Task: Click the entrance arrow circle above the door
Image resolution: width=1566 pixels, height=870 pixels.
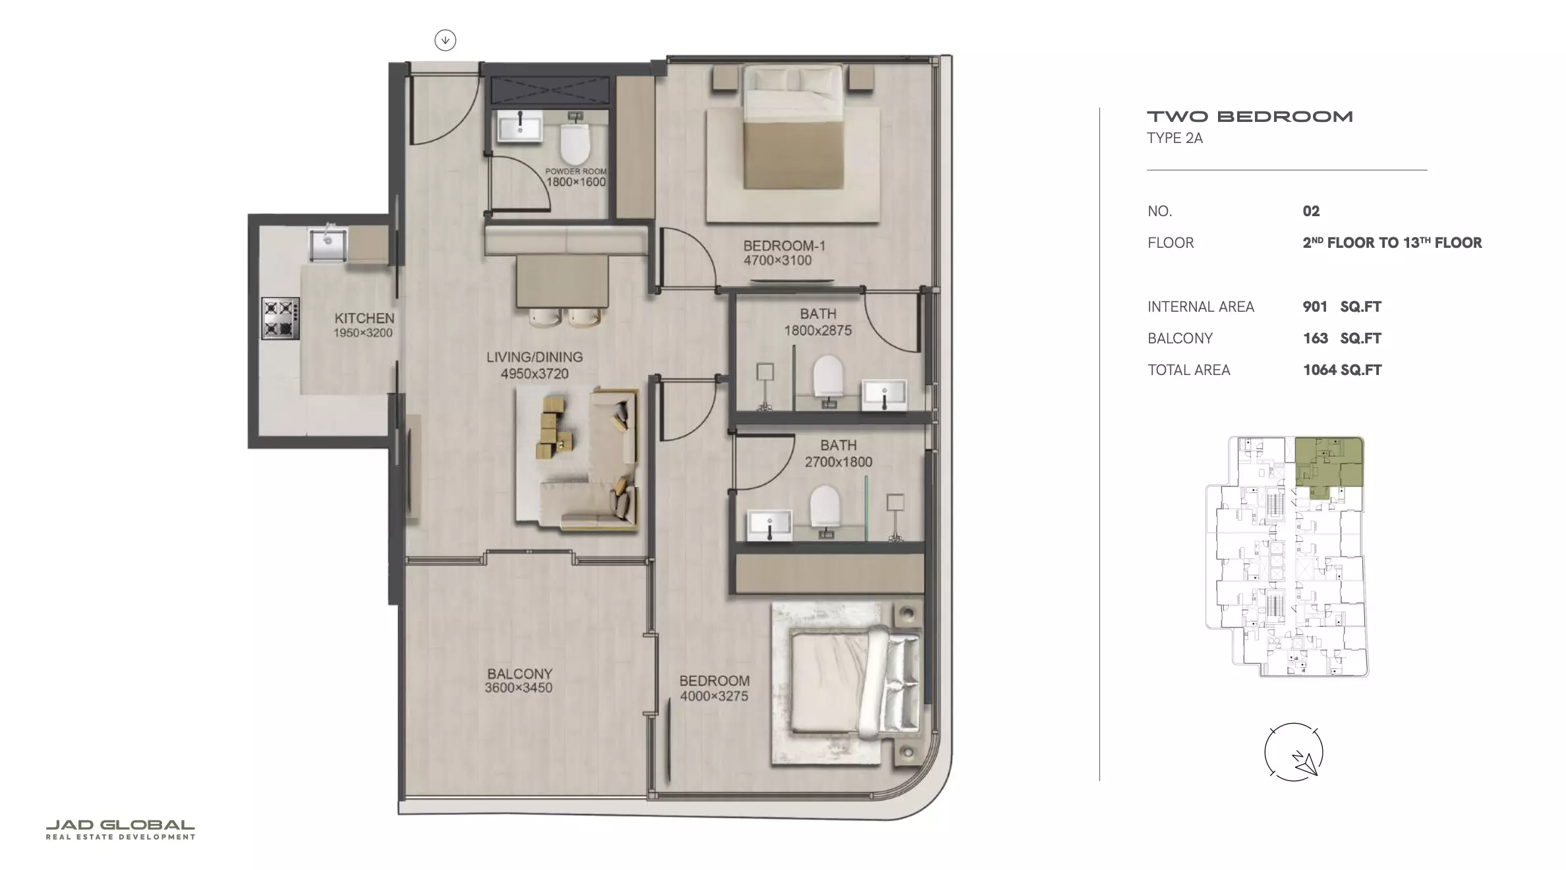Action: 446,40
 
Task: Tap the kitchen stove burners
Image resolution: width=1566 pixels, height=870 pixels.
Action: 281,318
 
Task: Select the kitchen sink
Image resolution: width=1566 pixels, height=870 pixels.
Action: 328,243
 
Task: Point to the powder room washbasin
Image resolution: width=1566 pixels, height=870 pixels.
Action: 520,126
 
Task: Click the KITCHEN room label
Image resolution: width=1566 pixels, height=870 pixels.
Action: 364,318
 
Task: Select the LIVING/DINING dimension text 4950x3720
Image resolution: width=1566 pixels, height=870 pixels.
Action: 535,374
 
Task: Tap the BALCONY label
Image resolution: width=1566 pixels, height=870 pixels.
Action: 520,674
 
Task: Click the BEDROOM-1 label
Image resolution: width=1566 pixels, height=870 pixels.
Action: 784,246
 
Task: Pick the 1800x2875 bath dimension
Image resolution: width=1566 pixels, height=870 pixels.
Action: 818,330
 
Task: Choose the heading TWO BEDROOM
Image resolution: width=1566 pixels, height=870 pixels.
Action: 1250,117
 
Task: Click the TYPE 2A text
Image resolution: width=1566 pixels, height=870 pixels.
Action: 1175,138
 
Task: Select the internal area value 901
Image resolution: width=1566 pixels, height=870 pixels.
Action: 1315,306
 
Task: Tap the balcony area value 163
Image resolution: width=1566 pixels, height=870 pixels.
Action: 1315,338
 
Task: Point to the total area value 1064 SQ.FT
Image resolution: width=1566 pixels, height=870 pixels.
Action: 1342,370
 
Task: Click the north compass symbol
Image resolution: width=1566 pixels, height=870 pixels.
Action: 1293,753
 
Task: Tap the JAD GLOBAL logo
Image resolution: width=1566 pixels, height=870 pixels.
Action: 120,829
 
